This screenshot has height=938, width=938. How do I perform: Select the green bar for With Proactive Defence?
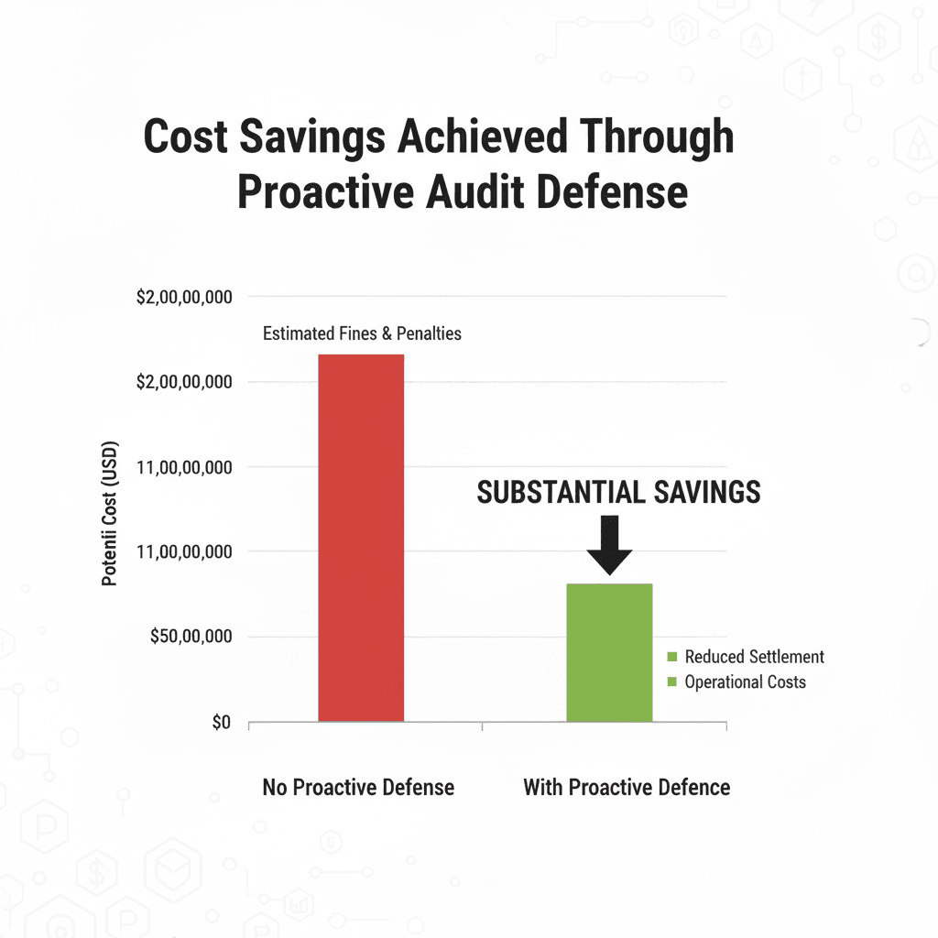[609, 652]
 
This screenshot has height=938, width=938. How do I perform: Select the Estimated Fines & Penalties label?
[362, 333]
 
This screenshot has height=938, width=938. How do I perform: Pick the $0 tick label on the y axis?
[221, 723]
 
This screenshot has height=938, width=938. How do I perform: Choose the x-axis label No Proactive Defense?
[358, 787]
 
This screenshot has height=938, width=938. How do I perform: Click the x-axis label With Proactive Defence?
[627, 787]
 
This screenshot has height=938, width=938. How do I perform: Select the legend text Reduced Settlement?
[754, 657]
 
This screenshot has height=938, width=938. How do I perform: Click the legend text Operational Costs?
[745, 682]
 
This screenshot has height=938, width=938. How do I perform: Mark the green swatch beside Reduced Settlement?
[671, 657]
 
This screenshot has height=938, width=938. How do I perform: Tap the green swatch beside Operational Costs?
[671, 682]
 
